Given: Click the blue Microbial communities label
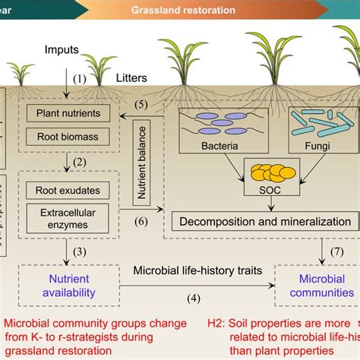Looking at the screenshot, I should [315, 286].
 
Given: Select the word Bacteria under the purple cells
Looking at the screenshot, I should [216, 144].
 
